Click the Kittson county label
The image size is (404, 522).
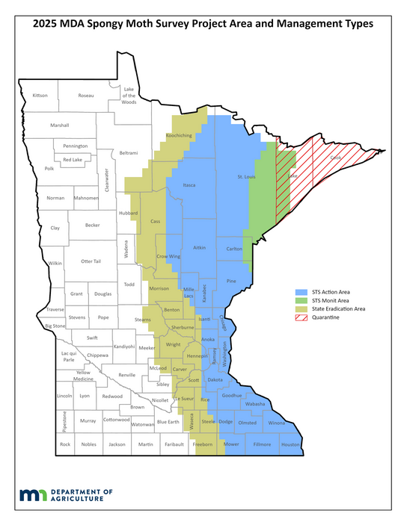pyautogui.click(x=40, y=96)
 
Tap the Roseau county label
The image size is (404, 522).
pyautogui.click(x=86, y=96)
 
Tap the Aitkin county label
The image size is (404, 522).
pyautogui.click(x=199, y=247)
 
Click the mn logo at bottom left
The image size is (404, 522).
pyautogui.click(x=33, y=496)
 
